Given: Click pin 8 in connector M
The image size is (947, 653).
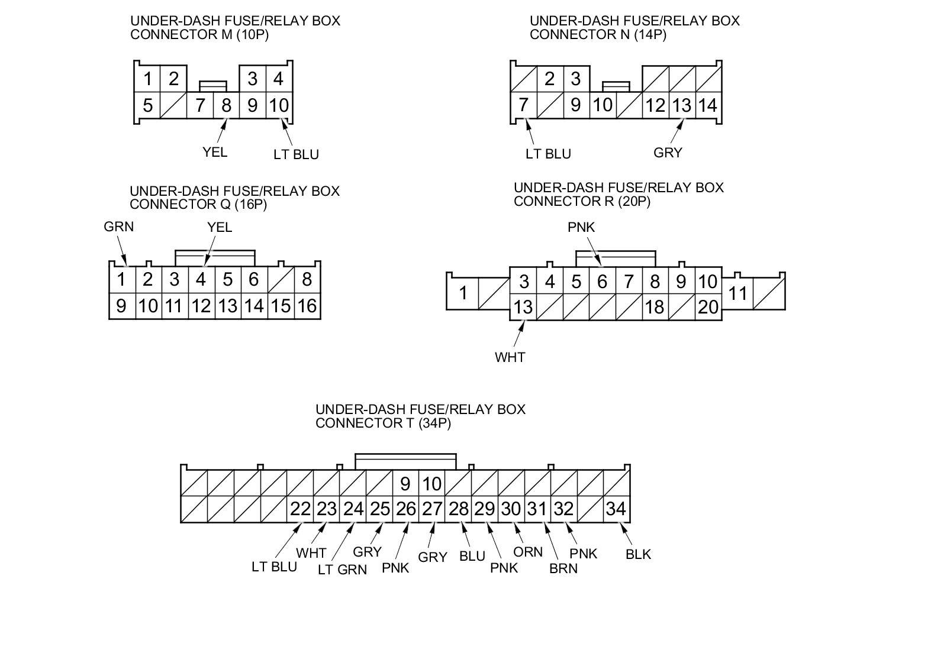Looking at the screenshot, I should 226,105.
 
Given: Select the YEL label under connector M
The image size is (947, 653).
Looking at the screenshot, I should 215,152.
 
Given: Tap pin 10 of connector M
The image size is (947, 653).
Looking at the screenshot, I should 279,105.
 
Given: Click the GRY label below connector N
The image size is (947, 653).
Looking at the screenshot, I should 668,153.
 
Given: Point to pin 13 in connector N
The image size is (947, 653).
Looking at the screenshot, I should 681,105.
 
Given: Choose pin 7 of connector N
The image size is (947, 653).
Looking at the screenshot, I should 523,105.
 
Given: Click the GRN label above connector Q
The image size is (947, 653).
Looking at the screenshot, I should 119,227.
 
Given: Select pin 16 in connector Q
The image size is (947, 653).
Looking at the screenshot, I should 307,306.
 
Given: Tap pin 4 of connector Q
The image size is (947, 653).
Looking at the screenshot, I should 201,279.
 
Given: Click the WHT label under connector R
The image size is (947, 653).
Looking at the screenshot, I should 510,357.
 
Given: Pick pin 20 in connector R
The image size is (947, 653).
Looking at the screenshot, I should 708,307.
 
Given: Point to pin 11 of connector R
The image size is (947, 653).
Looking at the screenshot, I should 737,293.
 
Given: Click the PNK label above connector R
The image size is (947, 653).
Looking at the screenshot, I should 581,227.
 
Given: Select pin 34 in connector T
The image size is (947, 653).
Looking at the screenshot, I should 616,509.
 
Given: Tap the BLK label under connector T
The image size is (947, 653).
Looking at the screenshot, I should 638,554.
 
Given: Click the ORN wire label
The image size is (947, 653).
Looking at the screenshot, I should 528,552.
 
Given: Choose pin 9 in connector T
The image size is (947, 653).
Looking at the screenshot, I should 405,484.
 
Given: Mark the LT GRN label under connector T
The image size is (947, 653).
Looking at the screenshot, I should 342,570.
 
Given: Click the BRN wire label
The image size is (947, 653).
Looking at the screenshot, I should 563,568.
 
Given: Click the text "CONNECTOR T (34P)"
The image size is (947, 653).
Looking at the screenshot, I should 383,424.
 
